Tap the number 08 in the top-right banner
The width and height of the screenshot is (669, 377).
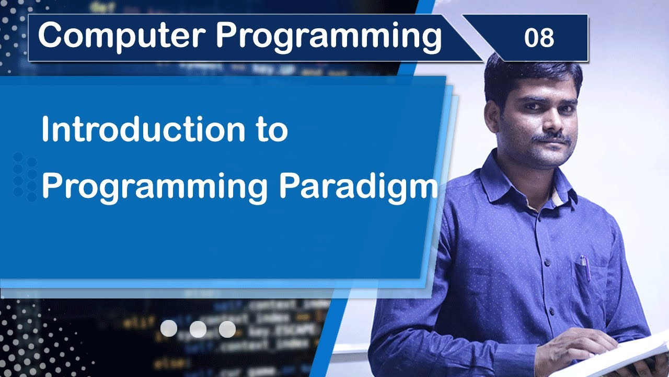pos(539,38)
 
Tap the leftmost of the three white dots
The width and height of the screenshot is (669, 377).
pos(168,329)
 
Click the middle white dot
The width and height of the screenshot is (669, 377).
pos(198,329)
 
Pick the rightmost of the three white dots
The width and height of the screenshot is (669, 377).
pos(227,329)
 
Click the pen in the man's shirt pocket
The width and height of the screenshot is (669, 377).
pos(584,267)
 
